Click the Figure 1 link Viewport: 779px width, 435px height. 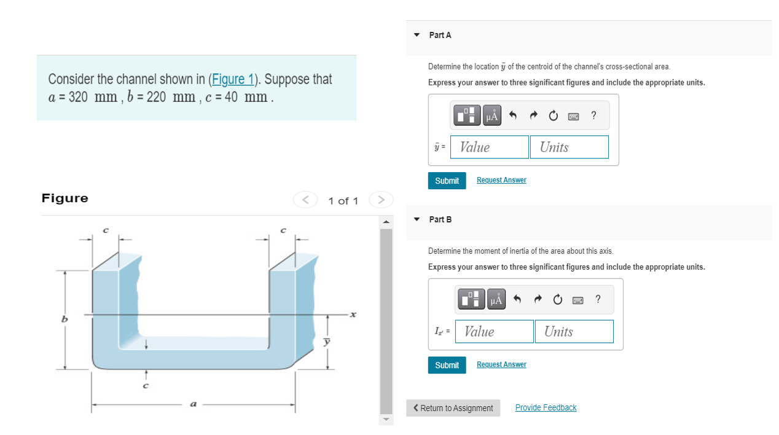[x=233, y=79]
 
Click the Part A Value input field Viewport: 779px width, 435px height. [x=490, y=147]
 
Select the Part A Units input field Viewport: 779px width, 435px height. [x=570, y=147]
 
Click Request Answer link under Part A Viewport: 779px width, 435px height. [x=501, y=180]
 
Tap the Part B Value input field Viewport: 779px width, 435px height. [x=494, y=331]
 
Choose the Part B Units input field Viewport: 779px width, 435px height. [x=574, y=331]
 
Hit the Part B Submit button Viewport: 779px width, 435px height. [x=447, y=365]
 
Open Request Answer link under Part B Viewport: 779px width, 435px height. [x=501, y=364]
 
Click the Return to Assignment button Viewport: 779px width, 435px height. [x=453, y=408]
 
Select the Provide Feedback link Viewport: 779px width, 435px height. [x=546, y=407]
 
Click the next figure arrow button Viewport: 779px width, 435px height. [x=381, y=200]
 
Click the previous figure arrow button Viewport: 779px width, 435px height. [x=305, y=200]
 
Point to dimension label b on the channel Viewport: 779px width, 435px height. [x=63, y=319]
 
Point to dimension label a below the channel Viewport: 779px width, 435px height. [x=193, y=404]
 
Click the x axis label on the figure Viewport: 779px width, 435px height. [x=353, y=315]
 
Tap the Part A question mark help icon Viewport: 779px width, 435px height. [x=593, y=115]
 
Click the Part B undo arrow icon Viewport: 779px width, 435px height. [x=517, y=299]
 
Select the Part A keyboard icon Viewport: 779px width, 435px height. [x=573, y=116]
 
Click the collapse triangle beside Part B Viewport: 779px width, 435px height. [x=417, y=219]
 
